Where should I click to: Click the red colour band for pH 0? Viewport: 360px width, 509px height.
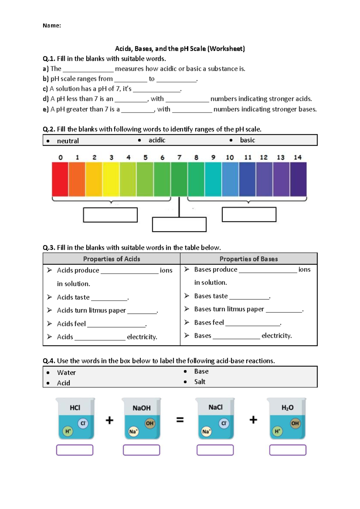pos(60,179)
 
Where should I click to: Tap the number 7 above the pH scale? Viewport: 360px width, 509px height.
pos(179,157)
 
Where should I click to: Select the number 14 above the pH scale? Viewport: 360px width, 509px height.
pos(298,157)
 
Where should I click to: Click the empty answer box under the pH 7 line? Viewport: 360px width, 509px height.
pos(179,225)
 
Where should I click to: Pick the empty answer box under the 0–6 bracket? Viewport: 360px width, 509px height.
pos(110,215)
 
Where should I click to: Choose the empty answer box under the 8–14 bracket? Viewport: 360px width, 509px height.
pos(249,215)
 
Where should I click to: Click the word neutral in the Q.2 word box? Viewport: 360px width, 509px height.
pos(68,141)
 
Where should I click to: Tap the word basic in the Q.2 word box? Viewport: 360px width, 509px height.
pos(247,140)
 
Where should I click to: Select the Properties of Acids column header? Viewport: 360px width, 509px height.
pos(112,259)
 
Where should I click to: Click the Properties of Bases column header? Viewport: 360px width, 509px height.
pos(249,259)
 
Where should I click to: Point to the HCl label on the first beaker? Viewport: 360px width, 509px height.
pos(75,408)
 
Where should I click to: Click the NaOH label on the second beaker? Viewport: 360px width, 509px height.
pos(142,408)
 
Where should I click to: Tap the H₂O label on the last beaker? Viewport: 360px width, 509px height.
pos(287,408)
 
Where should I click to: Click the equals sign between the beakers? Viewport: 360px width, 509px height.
pos(180,420)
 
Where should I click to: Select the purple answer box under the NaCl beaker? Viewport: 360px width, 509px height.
pos(215,450)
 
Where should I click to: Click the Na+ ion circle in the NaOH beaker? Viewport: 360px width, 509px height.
pos(133,432)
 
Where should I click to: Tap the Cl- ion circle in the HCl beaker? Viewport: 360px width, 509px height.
pos(83,423)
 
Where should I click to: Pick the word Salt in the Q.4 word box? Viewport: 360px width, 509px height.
pos(200,382)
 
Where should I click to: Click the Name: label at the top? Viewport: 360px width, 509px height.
pos(52,25)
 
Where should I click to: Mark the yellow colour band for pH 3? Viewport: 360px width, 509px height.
pos(111,179)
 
